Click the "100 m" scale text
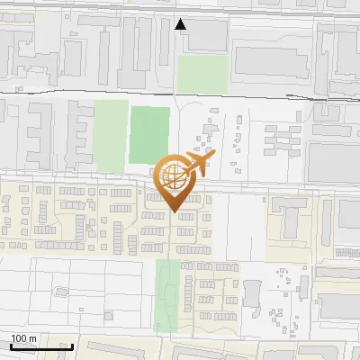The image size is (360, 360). [x=24, y=338]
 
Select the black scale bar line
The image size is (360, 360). [x=41, y=346]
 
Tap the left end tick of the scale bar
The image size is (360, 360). [x=11, y=345]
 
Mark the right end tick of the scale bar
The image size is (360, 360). [x=72, y=345]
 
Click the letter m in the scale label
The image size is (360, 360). [x=33, y=338]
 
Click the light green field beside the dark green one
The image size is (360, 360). [x=112, y=131]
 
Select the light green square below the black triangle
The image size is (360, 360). [x=196, y=74]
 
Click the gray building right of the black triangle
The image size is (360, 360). [x=207, y=33]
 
